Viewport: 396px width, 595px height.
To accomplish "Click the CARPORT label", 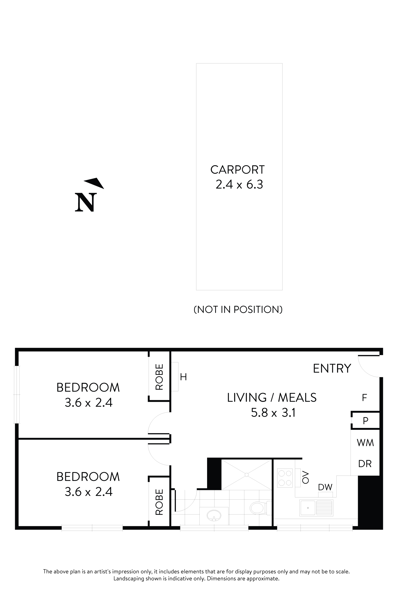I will (237, 170).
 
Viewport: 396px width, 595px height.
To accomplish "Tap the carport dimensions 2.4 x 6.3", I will (239, 184).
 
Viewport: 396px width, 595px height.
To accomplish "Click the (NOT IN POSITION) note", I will (238, 309).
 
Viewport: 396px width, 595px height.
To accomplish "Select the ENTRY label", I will (332, 368).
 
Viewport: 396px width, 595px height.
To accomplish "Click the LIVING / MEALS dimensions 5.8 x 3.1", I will (273, 413).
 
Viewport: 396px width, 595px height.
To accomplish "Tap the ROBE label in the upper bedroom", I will (159, 377).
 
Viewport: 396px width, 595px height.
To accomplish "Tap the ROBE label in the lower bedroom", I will (159, 502).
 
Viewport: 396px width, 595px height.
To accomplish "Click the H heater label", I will (183, 377).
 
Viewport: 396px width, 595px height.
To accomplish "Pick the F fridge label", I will (364, 398).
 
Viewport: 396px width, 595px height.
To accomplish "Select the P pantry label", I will (365, 421).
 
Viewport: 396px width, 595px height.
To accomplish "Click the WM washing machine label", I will (365, 443).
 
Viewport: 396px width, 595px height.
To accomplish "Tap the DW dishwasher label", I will (325, 487).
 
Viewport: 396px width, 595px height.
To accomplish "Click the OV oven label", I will (305, 477).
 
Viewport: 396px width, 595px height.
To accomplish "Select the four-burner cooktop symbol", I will (285, 478).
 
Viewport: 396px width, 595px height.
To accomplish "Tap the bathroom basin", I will (214, 515).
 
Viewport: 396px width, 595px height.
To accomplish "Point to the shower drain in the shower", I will (246, 475).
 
